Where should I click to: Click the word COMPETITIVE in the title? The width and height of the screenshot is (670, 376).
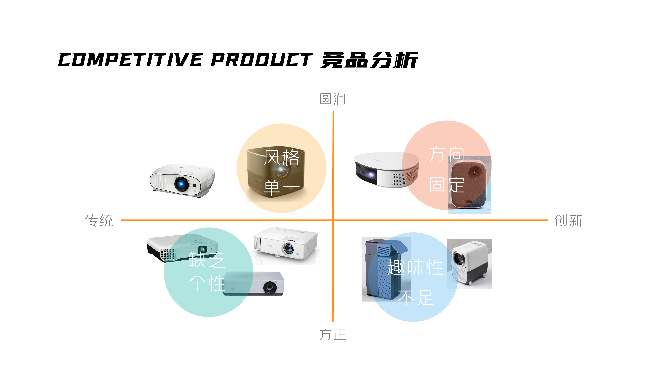coord(130,60)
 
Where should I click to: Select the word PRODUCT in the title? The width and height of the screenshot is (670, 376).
coord(261,60)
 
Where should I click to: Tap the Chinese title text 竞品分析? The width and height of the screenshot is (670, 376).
coord(369,60)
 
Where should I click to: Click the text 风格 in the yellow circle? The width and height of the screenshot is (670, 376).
coord(281,157)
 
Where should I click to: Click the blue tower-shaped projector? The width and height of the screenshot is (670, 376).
coord(382,270)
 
